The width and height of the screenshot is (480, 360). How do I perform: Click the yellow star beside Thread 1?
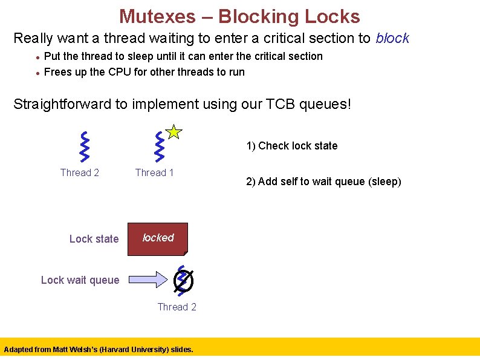click(x=174, y=131)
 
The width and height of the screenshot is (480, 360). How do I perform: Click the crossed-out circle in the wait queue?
click(x=183, y=280)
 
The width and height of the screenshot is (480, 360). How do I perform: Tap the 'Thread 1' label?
click(x=154, y=173)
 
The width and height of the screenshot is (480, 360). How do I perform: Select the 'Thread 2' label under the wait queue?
click(x=177, y=307)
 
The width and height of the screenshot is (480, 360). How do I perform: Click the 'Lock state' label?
click(x=94, y=239)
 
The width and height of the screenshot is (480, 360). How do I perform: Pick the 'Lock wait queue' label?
click(x=80, y=280)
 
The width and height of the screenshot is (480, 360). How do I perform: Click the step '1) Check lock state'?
click(x=291, y=146)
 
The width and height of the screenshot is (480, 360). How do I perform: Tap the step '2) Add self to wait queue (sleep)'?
click(x=323, y=182)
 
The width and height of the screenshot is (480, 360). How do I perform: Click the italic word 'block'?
click(x=392, y=38)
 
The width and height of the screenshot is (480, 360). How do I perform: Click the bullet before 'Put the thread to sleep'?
click(x=37, y=57)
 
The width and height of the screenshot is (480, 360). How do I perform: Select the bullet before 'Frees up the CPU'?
click(x=37, y=73)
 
